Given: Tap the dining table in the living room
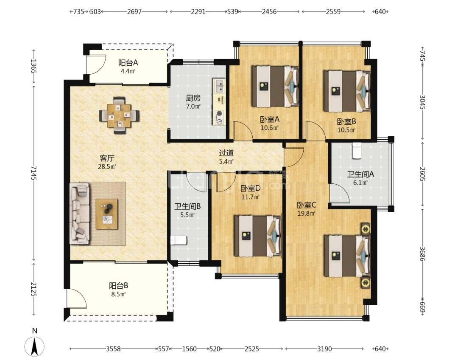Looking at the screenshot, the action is [x=119, y=115].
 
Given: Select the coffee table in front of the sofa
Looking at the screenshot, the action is [x=107, y=214].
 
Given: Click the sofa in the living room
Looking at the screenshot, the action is [x=79, y=214].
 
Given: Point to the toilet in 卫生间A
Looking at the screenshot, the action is [x=357, y=151].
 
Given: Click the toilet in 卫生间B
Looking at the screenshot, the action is [x=179, y=240].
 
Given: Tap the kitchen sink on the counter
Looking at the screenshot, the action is [x=219, y=86].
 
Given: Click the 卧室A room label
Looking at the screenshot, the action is [x=270, y=119].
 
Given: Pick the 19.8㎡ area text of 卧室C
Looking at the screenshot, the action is [x=306, y=214].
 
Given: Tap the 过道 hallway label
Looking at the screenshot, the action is [x=226, y=153].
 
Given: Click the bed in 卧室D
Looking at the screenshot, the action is [x=257, y=236].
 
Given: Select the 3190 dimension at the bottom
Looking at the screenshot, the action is [x=324, y=349].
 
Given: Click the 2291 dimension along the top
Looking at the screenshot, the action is [x=198, y=12].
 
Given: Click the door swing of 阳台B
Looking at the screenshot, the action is [x=76, y=298].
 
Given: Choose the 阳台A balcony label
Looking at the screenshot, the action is [x=128, y=62].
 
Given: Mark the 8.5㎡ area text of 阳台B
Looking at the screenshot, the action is [x=118, y=294].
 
